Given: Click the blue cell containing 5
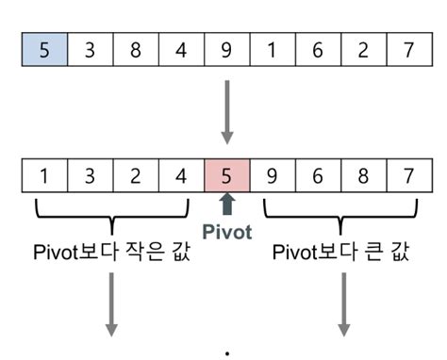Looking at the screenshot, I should (x=44, y=50).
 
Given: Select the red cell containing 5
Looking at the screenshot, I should (x=226, y=176).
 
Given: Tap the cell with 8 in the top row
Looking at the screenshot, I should (x=136, y=50).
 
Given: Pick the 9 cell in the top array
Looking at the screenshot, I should (x=226, y=50).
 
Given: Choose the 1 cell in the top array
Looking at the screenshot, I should (x=272, y=50).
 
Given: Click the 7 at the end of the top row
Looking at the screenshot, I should (x=407, y=50).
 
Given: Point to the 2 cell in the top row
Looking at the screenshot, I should (x=362, y=50).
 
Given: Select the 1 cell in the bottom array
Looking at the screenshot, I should (x=44, y=176).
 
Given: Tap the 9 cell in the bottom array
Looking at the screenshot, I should (x=272, y=176).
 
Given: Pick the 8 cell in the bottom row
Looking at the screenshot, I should (x=362, y=176).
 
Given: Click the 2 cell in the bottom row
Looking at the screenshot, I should (x=136, y=176).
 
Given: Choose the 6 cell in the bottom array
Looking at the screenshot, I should (x=317, y=176).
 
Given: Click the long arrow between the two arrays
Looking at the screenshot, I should (x=226, y=111).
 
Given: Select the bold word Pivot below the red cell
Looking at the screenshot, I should (x=226, y=231).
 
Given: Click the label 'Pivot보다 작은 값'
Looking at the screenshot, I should (x=111, y=253).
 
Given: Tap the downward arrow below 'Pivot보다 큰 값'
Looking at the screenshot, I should (x=342, y=304).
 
